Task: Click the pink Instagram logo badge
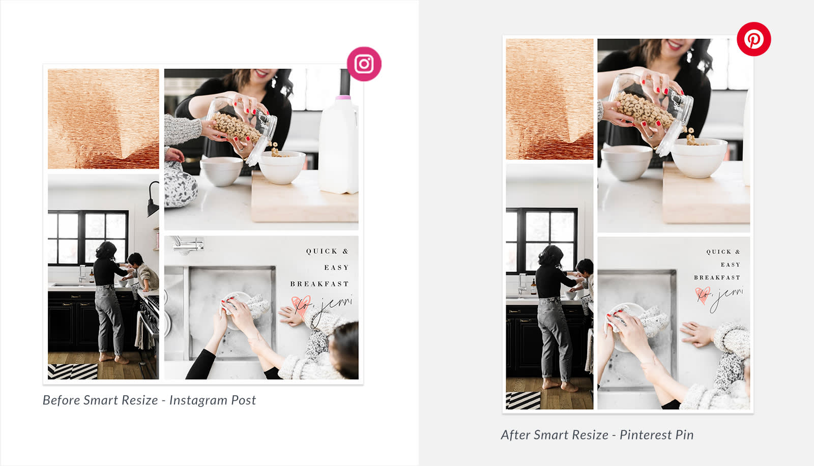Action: click(364, 64)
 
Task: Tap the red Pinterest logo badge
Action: click(753, 39)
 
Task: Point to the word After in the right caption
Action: click(514, 435)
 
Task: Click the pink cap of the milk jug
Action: click(343, 97)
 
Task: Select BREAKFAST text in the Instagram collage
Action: click(319, 284)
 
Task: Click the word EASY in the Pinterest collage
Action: click(731, 265)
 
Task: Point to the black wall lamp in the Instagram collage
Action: click(153, 199)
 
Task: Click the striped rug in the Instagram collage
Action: click(73, 371)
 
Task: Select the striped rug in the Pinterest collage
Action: click(524, 400)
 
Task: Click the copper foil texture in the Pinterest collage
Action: click(549, 99)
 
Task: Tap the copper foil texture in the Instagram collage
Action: click(104, 119)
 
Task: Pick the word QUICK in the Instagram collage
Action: click(322, 251)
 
